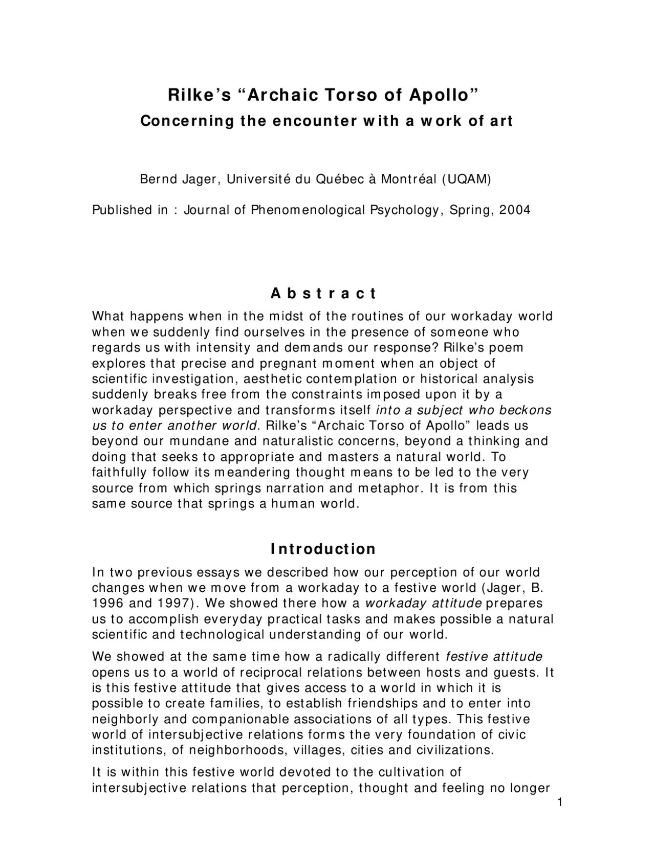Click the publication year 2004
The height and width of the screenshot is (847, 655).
pyautogui.click(x=515, y=210)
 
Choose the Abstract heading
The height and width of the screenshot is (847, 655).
pyautogui.click(x=323, y=294)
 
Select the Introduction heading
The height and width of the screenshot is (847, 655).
pyautogui.click(x=323, y=549)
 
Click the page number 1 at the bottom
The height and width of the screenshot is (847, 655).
pyautogui.click(x=560, y=803)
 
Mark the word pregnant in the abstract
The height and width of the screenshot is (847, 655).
pyautogui.click(x=288, y=364)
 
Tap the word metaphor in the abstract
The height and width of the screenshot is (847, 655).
pyautogui.click(x=390, y=488)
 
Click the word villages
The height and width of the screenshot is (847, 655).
pyautogui.click(x=306, y=750)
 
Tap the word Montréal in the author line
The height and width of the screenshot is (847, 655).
pyautogui.click(x=408, y=180)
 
